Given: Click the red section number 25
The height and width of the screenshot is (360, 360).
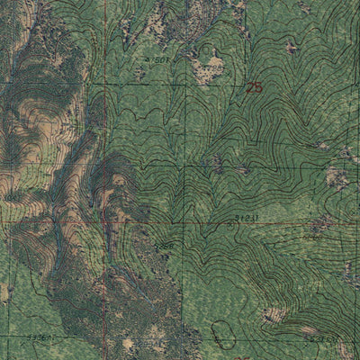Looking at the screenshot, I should [x=254, y=87].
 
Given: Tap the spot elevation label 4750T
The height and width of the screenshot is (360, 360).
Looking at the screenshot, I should [x=157, y=59].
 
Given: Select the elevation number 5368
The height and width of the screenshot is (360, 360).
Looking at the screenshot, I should [x=162, y=245].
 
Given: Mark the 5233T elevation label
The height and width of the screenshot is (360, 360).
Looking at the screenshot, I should [x=324, y=339].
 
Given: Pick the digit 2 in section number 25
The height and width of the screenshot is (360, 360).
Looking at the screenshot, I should [x=249, y=87].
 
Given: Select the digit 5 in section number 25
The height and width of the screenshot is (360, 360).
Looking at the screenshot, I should [x=258, y=87].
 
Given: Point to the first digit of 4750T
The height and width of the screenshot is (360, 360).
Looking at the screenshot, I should [x=148, y=60].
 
